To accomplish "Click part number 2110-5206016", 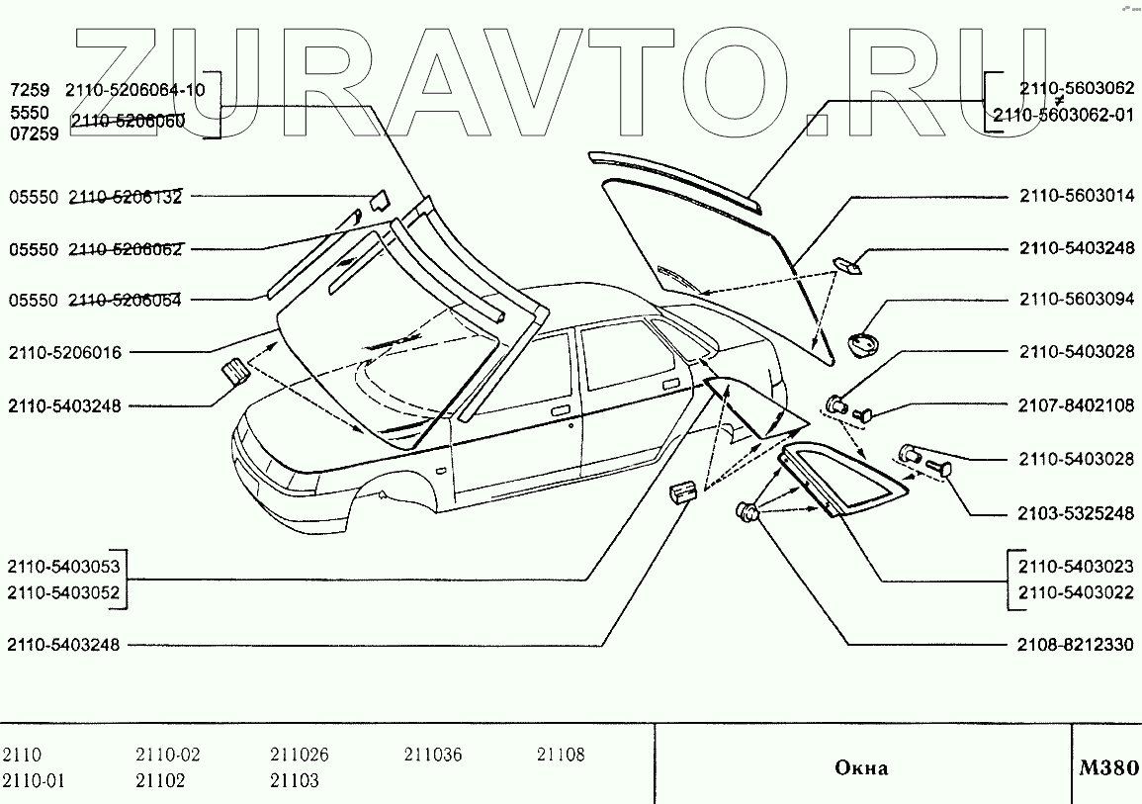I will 64,352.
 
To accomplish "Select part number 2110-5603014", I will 1077,197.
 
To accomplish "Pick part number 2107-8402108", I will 1077,405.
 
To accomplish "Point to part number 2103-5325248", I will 1077,514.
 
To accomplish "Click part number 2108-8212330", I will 1077,645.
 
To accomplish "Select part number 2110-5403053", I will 63,568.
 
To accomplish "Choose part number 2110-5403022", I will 1077,593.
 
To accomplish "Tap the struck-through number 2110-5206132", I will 125,197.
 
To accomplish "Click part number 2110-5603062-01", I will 1063,115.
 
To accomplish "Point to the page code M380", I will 1108,767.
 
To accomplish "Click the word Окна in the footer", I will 861,768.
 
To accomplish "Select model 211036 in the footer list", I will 432,756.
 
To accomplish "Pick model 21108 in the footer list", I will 561,756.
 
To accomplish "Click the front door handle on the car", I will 560,410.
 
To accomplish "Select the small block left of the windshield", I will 235,372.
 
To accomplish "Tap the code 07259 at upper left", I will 33,134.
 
